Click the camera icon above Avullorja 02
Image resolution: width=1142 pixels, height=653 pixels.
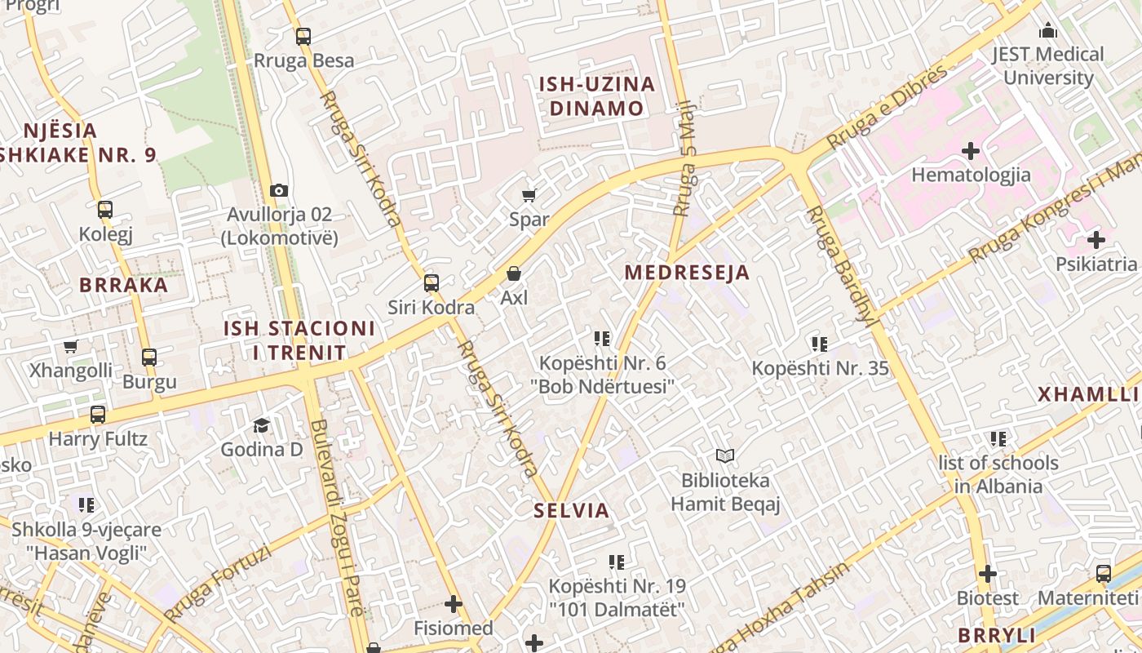click(x=279, y=190)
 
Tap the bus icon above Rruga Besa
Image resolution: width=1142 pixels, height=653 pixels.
click(x=303, y=36)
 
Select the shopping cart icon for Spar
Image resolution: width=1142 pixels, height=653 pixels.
click(x=529, y=195)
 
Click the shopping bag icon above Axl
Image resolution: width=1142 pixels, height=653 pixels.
click(x=514, y=273)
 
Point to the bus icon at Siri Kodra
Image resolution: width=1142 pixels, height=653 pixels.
click(x=431, y=283)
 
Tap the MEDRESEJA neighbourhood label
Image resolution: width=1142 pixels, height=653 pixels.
click(x=687, y=273)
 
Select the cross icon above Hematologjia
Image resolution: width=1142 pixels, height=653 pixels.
click(x=971, y=150)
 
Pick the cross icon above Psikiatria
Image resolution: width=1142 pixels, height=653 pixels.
click(x=1096, y=240)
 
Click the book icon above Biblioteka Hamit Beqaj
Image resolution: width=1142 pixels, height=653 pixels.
click(x=725, y=455)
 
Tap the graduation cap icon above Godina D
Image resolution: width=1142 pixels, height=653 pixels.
click(x=261, y=425)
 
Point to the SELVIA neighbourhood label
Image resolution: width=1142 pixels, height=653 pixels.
click(x=571, y=511)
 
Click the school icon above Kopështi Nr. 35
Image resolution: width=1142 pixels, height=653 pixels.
click(x=820, y=344)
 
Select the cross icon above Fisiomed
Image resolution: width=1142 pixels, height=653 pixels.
click(x=454, y=604)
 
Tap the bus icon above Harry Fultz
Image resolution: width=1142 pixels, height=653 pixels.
click(x=98, y=415)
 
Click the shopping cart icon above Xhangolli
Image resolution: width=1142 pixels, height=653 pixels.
click(x=71, y=347)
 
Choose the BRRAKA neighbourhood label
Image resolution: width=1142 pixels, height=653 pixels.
click(x=124, y=285)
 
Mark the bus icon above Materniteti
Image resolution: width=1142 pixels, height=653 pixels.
click(x=1104, y=574)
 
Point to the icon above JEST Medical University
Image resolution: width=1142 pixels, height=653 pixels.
click(x=1048, y=31)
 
